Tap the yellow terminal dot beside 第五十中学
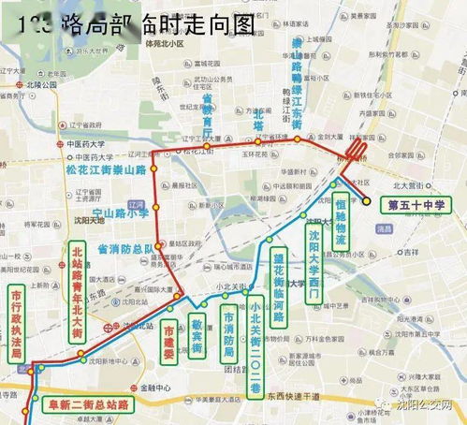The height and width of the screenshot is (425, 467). (367, 200)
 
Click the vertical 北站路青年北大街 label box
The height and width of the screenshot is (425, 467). (78, 282)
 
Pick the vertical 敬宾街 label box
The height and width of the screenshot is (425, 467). (197, 335)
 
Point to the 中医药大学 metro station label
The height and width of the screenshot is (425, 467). (85, 144)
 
